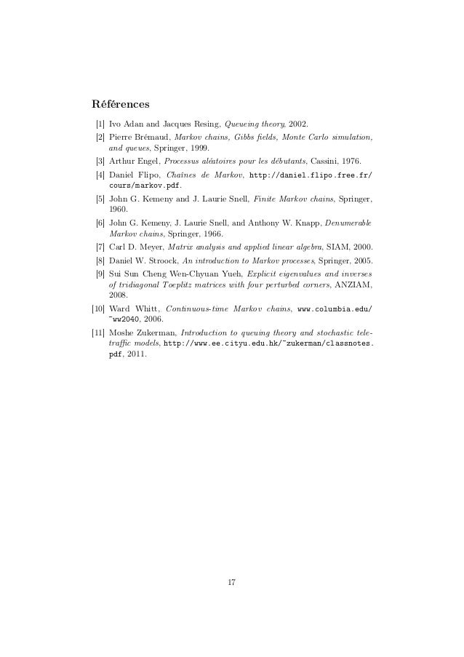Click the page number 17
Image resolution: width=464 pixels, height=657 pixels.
232,582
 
